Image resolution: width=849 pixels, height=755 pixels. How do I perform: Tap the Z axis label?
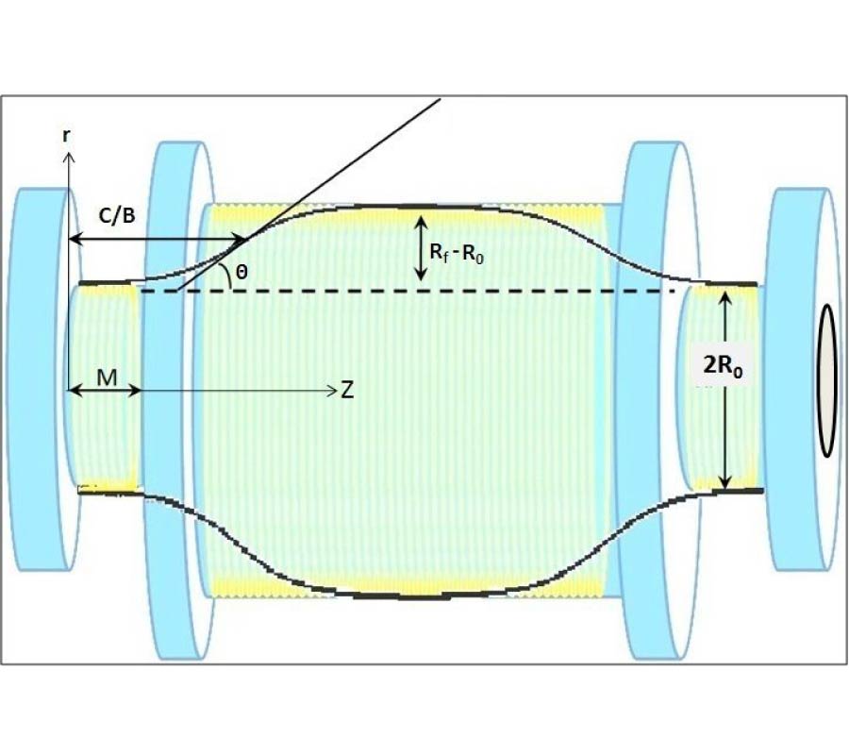(347, 390)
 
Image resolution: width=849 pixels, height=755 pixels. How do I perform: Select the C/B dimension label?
(117, 216)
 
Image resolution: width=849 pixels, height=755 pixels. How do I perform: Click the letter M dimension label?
(106, 377)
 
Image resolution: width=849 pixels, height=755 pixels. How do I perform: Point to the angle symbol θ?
(242, 271)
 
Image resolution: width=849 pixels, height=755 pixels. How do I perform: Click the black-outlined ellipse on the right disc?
(827, 379)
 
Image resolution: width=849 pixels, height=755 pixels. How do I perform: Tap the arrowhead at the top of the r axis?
(68, 153)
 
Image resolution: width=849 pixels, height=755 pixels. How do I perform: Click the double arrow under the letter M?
(105, 391)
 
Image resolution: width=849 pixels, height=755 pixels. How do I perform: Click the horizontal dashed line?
(406, 292)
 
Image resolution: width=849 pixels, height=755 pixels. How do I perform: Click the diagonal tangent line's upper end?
(440, 97)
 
